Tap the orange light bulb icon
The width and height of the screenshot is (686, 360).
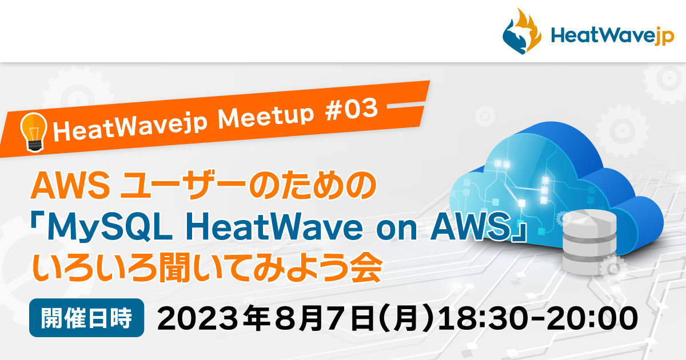click(x=33, y=131)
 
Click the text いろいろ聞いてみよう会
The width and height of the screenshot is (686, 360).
click(x=206, y=267)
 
